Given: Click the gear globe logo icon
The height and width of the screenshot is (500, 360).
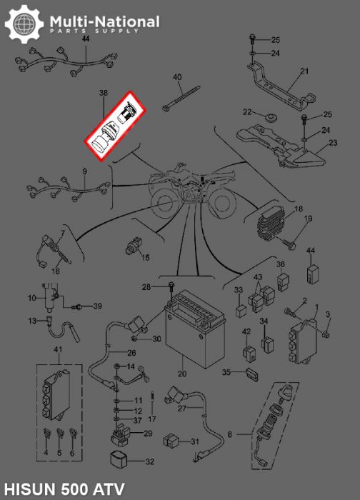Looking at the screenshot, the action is point(24,24).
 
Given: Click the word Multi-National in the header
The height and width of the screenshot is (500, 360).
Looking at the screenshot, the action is point(104,21).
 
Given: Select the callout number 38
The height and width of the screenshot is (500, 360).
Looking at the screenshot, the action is point(104,93).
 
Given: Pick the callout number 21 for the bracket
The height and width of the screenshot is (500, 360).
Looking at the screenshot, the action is point(304,71).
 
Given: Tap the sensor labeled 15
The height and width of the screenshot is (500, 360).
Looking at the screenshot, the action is point(133,247).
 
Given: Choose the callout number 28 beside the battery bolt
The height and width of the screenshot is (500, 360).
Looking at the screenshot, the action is point(146,287).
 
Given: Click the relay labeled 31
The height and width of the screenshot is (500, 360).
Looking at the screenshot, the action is point(171,441).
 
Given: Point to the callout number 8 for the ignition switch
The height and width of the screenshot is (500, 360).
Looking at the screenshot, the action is point(230,434).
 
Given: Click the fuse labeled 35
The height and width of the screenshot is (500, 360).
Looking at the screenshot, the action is point(252,374).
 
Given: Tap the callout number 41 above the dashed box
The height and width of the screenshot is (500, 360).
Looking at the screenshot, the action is point(58,350).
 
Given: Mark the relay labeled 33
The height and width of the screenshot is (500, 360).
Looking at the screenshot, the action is point(241,311).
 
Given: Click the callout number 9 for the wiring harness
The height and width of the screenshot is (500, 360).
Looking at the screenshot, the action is point(84,171).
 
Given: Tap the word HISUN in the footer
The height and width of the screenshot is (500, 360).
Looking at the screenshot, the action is point(29,489).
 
